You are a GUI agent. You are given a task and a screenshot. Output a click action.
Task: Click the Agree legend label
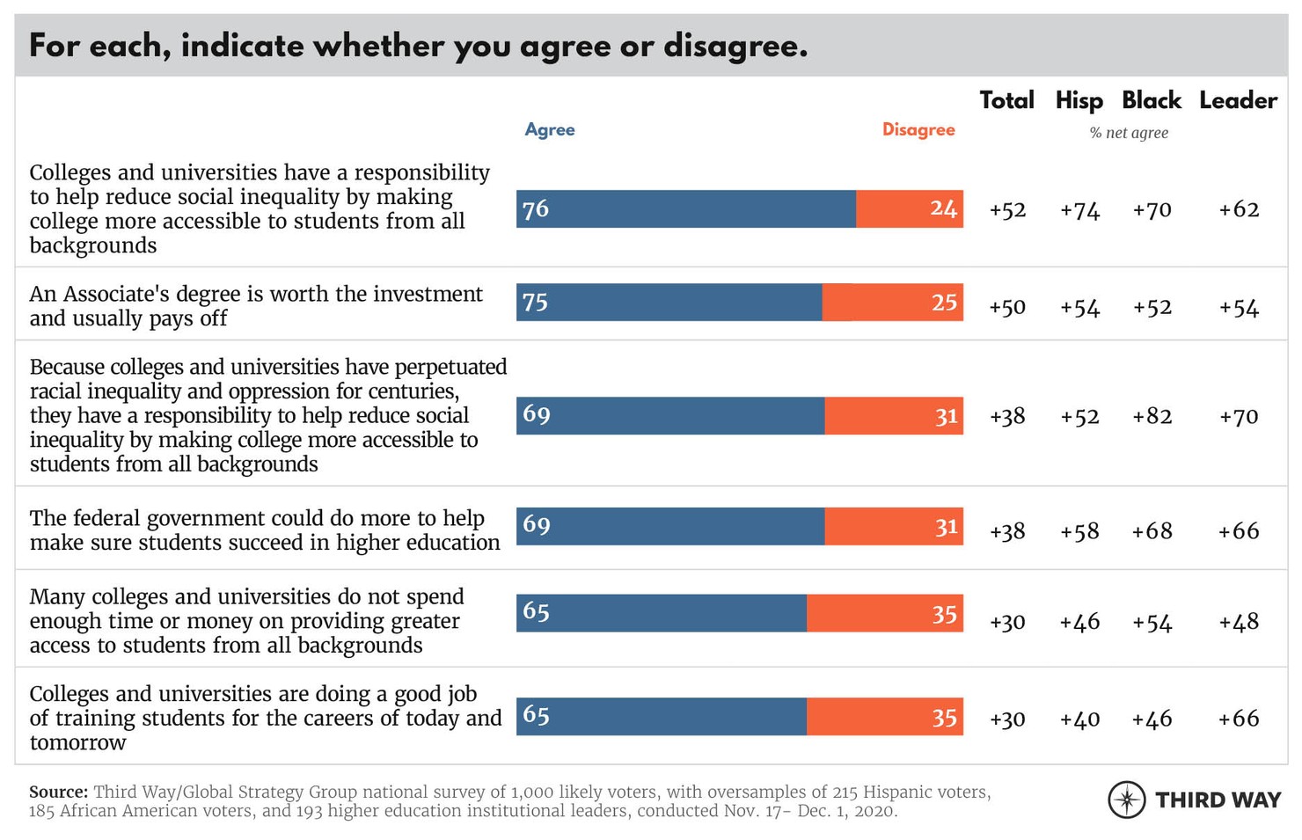(550, 129)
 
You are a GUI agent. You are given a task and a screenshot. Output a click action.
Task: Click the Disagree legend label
(918, 129)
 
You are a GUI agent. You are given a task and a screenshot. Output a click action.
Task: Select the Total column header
(1007, 100)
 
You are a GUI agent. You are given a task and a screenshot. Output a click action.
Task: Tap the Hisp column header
(1079, 100)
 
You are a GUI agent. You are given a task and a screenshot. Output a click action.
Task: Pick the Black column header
(1152, 100)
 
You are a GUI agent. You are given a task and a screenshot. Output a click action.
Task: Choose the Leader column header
(1238, 100)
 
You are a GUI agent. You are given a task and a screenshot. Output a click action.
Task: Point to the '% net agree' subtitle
(1129, 133)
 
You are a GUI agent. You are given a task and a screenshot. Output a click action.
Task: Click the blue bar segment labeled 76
(686, 209)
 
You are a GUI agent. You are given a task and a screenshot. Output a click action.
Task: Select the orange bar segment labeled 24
(910, 209)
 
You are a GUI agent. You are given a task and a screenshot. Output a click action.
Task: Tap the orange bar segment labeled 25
(893, 302)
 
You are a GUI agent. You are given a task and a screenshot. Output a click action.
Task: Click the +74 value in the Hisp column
(1079, 210)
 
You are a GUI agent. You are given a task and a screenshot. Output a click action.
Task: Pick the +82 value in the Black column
(1152, 416)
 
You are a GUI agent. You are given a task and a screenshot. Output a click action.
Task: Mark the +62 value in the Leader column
(1239, 209)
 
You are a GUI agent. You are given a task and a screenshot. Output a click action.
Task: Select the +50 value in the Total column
(1007, 307)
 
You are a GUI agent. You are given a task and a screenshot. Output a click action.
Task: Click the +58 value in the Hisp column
(1079, 531)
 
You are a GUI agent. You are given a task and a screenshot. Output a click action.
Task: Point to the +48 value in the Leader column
(1239, 622)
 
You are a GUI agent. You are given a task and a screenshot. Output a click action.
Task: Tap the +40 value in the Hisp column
(1079, 719)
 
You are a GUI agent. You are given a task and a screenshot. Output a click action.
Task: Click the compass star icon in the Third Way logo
(1127, 800)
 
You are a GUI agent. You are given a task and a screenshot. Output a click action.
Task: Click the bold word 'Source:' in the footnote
(58, 792)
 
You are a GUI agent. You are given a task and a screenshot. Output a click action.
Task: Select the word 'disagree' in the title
(735, 46)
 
